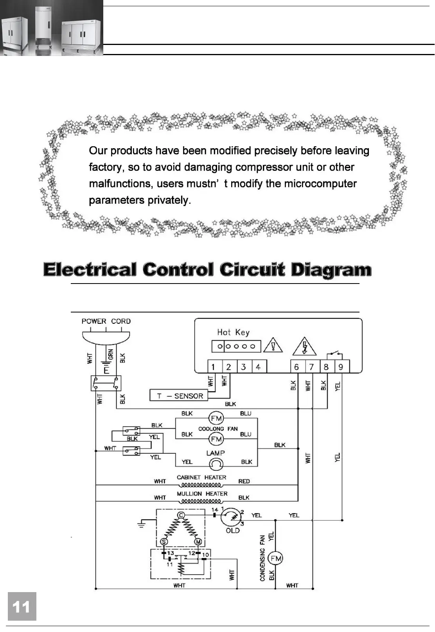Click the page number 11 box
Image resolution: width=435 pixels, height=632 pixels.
pos(22,606)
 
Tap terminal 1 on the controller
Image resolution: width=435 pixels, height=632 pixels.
pos(214,367)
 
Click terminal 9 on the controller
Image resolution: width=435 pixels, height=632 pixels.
pos(341,367)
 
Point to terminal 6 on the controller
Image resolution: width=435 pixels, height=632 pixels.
pos(297,367)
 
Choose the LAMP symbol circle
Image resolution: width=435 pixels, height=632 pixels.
pos(216,464)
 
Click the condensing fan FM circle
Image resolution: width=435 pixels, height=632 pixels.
pos(276,559)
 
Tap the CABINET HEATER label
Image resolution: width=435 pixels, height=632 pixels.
pos(201,477)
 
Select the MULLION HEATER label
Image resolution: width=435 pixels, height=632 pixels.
pos(202,494)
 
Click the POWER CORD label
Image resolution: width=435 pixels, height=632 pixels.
pos(106,321)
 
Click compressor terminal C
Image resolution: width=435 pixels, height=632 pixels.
pos(181,515)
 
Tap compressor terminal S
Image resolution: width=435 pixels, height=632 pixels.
pos(164,542)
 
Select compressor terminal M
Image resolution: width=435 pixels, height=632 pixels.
pos(198,542)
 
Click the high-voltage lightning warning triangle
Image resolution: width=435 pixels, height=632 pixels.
pos(304,347)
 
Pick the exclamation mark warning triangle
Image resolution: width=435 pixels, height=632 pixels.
pos(273,346)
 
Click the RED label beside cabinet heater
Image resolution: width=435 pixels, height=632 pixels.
pos(244,481)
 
